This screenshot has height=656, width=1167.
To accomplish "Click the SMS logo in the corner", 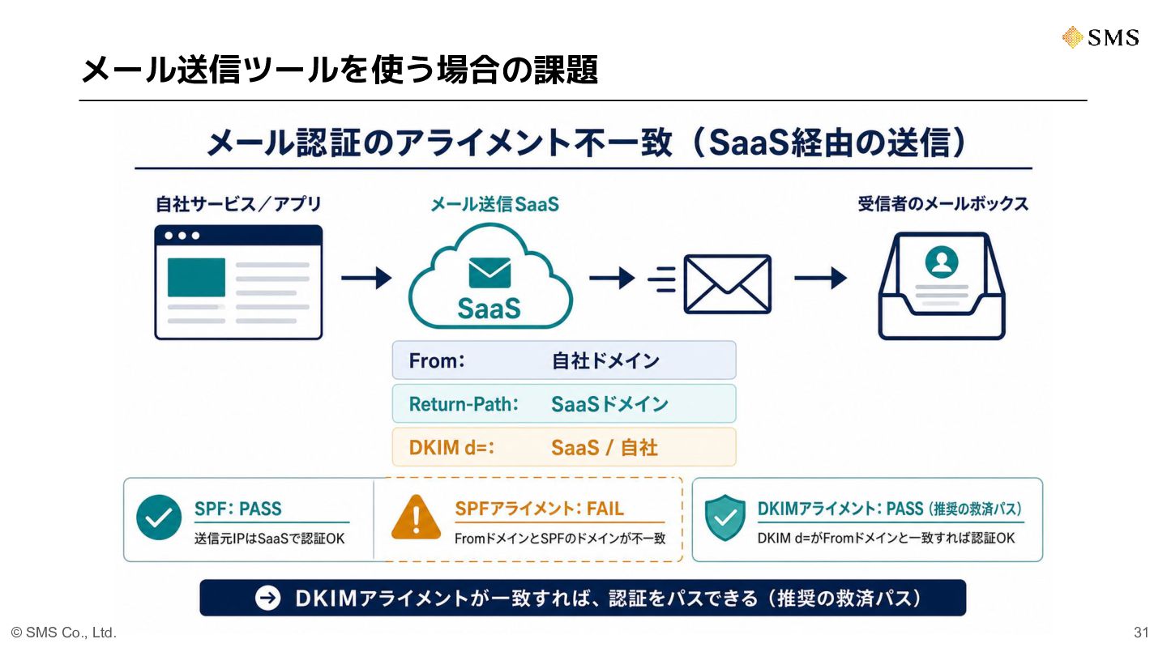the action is click(x=1101, y=37).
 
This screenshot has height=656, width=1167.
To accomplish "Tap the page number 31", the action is click(x=1141, y=633).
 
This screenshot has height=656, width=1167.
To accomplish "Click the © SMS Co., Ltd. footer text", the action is click(x=63, y=633).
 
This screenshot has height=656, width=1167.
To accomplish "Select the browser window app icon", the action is click(x=238, y=282).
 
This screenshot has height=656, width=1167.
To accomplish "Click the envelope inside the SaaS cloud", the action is click(x=489, y=272).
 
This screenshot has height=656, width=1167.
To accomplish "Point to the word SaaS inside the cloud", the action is click(x=489, y=309).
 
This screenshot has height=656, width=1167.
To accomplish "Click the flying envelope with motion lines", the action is click(x=710, y=283).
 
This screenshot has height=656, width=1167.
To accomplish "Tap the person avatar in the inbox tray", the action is click(x=942, y=262).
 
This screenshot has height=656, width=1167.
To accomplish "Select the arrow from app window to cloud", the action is click(x=366, y=278).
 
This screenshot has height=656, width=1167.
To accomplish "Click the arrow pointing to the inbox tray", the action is click(x=820, y=278).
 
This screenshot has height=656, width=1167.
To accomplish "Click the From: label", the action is click(x=437, y=360).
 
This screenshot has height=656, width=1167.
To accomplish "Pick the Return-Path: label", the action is click(x=464, y=404).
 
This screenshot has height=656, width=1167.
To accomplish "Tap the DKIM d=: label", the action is click(x=451, y=448).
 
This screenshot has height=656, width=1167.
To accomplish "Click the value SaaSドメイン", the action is click(x=609, y=404).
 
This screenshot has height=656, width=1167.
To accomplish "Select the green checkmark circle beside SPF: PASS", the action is click(x=159, y=517).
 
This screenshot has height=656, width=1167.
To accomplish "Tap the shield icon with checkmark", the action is click(x=725, y=518).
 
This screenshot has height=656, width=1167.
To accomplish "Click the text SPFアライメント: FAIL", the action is click(x=539, y=509).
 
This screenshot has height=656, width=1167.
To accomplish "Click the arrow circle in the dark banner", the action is click(x=267, y=598).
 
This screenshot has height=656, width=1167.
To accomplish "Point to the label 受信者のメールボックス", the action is click(x=943, y=203).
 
